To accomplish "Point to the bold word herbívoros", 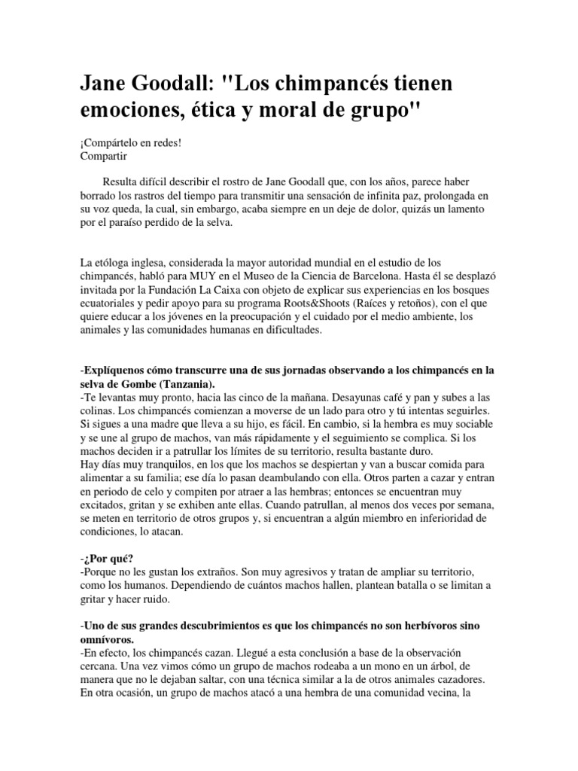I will tap(437, 626).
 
